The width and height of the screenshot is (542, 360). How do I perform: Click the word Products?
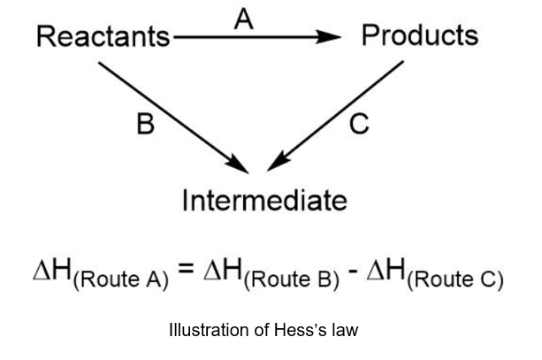[420, 35]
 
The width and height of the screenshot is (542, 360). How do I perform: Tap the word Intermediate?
[264, 201]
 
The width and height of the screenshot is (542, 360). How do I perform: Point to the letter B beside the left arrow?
[144, 125]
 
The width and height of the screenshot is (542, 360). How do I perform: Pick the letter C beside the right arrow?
[358, 125]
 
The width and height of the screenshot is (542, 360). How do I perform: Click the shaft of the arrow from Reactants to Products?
[248, 37]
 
